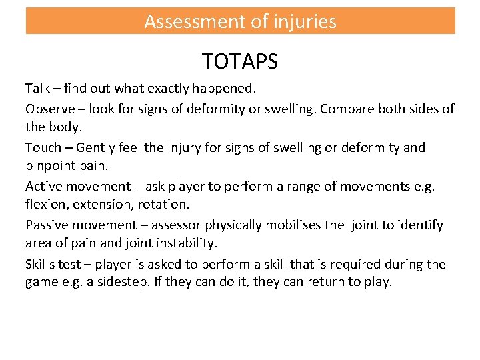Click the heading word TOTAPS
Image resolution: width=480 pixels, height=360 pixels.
(x=240, y=62)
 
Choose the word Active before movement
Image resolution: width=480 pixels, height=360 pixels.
(x=45, y=187)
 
